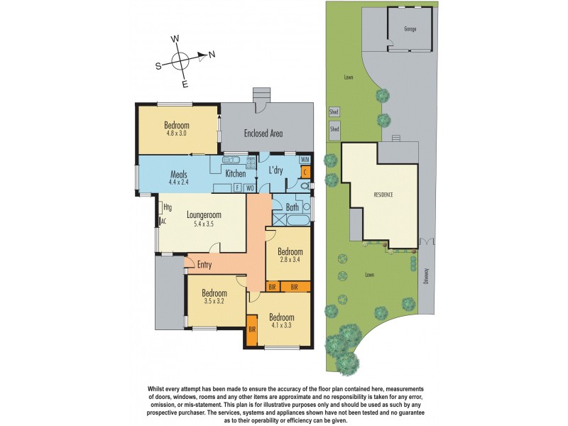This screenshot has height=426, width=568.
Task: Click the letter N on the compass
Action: [212, 54]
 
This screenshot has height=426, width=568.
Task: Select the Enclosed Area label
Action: [263, 133]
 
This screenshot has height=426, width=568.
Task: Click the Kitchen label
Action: [235, 173]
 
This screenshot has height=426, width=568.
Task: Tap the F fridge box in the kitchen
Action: [237, 188]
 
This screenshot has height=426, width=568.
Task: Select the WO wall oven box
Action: [249, 188]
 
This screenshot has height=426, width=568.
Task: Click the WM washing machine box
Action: [305, 160]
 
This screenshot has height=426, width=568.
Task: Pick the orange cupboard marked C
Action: [305, 172]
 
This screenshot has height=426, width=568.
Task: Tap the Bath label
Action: [293, 207]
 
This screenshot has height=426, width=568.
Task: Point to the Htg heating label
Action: [168, 207]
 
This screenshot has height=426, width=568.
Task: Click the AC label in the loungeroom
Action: [163, 221]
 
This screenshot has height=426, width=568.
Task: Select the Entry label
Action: [204, 265]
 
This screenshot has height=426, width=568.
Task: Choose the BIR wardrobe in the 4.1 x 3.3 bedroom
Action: [252, 329]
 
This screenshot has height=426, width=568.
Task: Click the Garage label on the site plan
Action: [410, 29]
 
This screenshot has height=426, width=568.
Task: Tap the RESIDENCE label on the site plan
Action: [383, 194]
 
